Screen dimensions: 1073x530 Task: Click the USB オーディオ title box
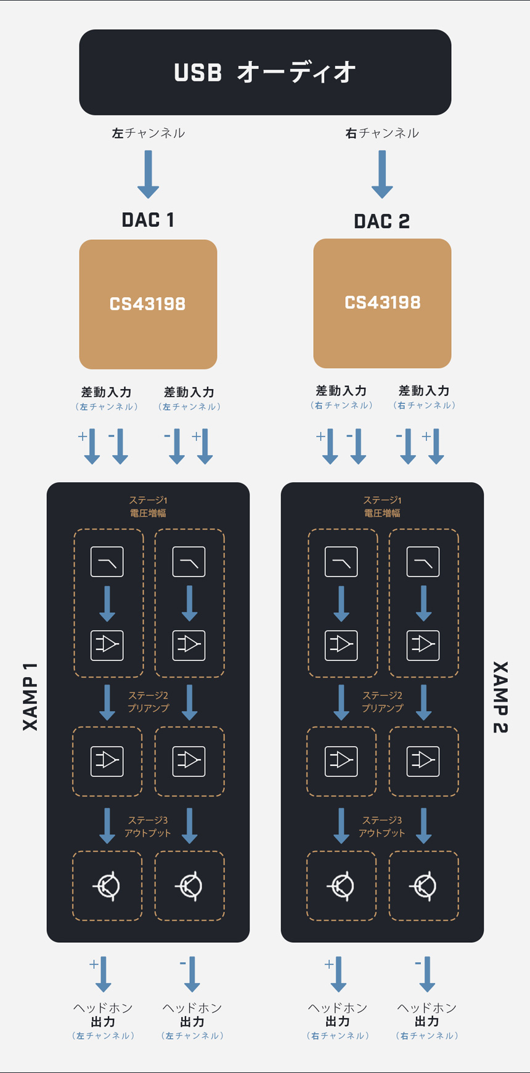tap(265, 72)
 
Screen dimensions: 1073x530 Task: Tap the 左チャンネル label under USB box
tap(148, 133)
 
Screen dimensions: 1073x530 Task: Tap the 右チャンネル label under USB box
tap(382, 133)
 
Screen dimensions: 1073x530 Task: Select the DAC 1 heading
tap(148, 220)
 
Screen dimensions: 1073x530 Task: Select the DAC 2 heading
tap(382, 221)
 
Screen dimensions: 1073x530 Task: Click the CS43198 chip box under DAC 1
tap(148, 304)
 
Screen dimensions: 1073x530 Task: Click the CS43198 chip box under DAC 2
tap(382, 303)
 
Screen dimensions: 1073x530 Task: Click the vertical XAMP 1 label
tap(30, 697)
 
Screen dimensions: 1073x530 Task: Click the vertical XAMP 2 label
tap(500, 697)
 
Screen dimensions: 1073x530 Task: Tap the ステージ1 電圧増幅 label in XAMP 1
tap(148, 506)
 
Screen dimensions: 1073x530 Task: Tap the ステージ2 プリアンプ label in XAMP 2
tap(382, 702)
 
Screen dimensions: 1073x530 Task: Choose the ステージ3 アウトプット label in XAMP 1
tap(148, 826)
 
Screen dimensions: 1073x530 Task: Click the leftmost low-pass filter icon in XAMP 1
tap(107, 562)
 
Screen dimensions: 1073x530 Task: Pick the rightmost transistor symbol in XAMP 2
tap(423, 886)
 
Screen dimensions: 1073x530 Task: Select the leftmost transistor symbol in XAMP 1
tap(107, 886)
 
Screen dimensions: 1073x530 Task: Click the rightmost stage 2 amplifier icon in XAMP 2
tap(423, 760)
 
